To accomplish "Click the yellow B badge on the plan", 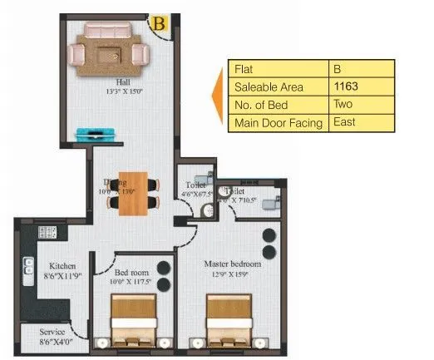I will pyautogui.click(x=158, y=23).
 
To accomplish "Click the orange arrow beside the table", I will pyautogui.click(x=219, y=96).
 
